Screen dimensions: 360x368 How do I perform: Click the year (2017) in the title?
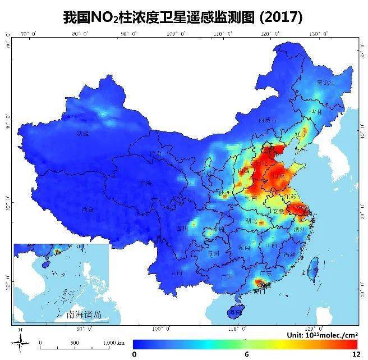[x=279, y=17]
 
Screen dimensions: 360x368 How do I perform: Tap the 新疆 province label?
[x=82, y=134]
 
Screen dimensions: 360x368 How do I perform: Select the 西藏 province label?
[x=87, y=209]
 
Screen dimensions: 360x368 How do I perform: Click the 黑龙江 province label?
[x=325, y=83]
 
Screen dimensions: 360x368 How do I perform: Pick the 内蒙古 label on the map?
[x=268, y=120]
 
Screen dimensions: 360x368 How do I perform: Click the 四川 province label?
[x=182, y=228]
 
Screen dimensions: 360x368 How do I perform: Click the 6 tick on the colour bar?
[x=245, y=354]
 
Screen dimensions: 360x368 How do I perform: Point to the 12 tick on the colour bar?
[x=355, y=354]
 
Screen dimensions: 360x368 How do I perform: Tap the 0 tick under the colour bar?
[x=134, y=354]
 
